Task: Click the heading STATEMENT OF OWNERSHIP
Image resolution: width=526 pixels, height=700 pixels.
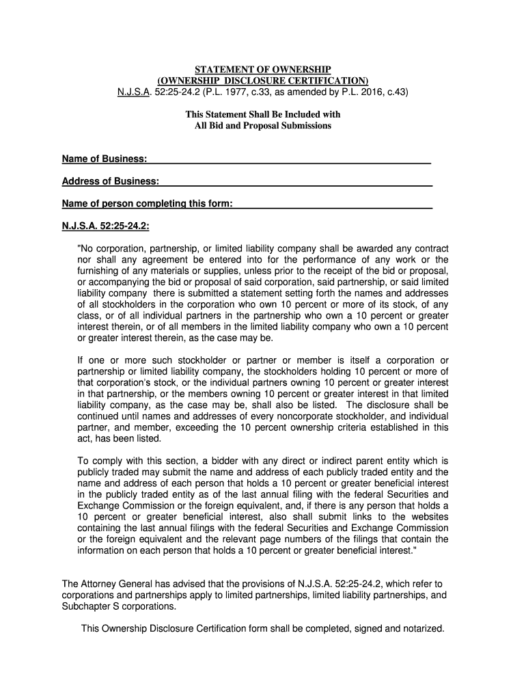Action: click(263, 70)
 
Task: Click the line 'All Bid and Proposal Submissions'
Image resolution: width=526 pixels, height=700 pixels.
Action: click(263, 126)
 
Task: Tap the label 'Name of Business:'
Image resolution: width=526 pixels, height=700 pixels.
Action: click(105, 159)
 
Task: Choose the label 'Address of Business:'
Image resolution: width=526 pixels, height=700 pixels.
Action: click(111, 181)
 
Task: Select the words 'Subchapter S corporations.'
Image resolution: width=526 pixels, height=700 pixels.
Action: click(119, 606)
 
